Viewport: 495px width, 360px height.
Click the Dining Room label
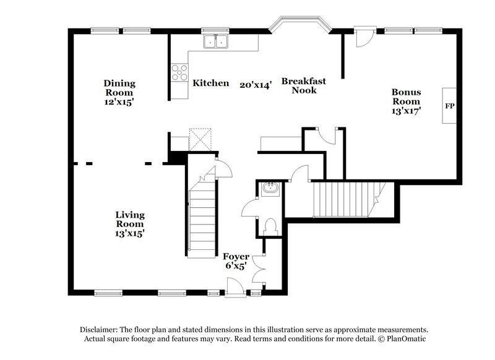coord(119,88)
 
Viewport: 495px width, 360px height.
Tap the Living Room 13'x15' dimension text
coord(130,233)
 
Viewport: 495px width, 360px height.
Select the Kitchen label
coord(211,83)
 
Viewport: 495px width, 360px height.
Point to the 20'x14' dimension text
coord(256,85)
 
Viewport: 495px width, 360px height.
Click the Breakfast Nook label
coord(303,85)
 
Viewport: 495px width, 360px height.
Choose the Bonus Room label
coord(405,96)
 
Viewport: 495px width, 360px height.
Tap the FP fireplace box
coord(449,106)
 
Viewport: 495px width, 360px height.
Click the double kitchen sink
coord(216,41)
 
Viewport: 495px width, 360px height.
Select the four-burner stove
coord(179,73)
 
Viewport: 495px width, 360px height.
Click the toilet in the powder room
coord(270,226)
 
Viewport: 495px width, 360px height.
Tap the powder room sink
coord(270,188)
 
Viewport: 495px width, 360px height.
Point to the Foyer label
coord(236,256)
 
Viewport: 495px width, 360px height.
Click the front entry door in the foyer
coord(236,286)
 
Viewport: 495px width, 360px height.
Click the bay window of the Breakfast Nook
coord(299,24)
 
